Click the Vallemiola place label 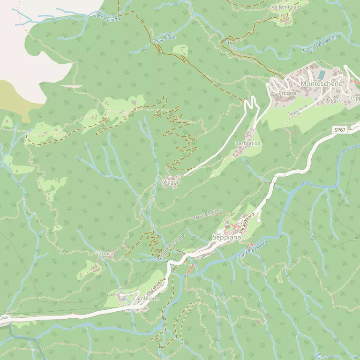click(284, 7)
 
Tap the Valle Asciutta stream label click(107, 17)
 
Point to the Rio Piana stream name click(166, 39)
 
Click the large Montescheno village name click(322, 83)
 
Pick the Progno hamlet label click(287, 93)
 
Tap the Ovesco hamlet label click(332, 99)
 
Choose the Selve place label click(294, 113)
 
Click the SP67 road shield click(340, 130)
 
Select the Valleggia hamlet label click(170, 182)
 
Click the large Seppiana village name click(226, 237)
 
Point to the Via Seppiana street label click(247, 223)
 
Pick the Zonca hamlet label click(106, 254)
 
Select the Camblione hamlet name click(146, 298)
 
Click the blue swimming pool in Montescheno click(322, 75)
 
